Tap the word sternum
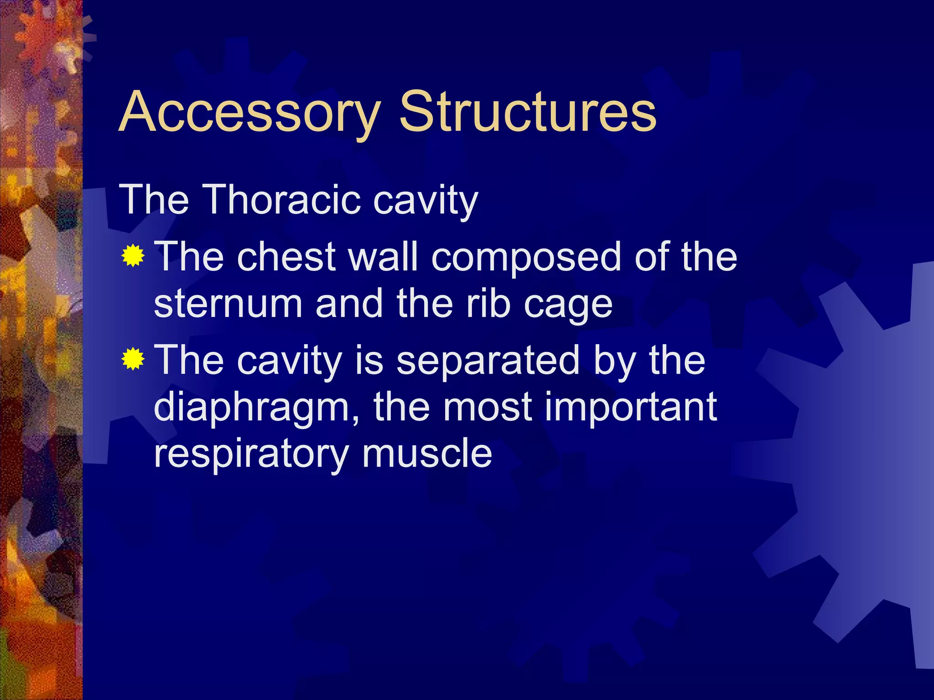(228, 304)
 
